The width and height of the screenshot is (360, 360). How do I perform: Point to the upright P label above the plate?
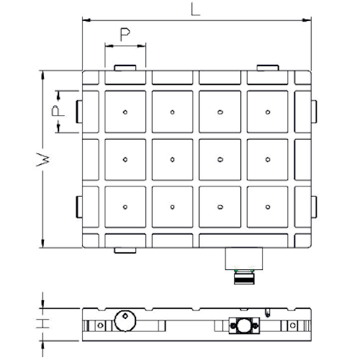click(x=125, y=36)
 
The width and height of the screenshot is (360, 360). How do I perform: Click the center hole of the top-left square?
click(x=125, y=112)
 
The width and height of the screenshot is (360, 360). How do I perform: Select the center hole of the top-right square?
click(x=268, y=112)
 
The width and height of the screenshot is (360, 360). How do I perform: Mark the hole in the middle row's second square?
click(x=173, y=159)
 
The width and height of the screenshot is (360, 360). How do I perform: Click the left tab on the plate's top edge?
click(x=125, y=68)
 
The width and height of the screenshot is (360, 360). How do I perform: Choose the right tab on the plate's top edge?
click(x=268, y=68)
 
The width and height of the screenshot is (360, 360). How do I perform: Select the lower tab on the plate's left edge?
click(x=79, y=207)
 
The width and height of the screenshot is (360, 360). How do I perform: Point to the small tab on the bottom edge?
click(x=125, y=251)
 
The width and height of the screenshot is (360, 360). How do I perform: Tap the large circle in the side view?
click(x=123, y=320)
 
